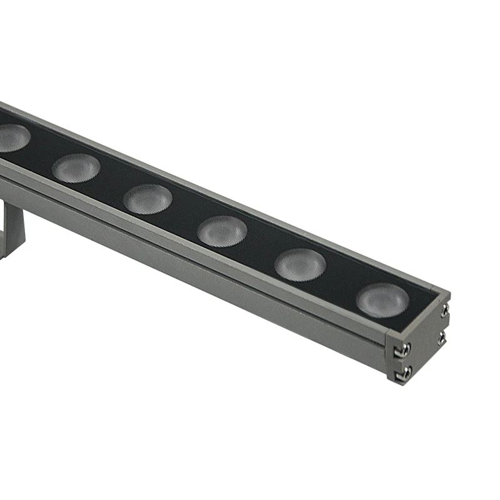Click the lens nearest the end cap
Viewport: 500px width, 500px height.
click(x=382, y=299)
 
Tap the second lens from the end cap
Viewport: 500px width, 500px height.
click(x=300, y=264)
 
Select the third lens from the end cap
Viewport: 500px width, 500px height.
click(x=222, y=231)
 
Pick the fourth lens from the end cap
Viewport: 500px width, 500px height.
click(x=147, y=199)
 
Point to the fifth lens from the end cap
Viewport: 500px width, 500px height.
click(x=76, y=167)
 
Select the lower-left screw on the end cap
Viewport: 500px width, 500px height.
click(x=406, y=372)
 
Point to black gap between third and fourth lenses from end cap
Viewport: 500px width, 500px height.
click(x=184, y=215)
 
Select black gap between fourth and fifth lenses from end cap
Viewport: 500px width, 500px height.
click(x=111, y=183)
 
